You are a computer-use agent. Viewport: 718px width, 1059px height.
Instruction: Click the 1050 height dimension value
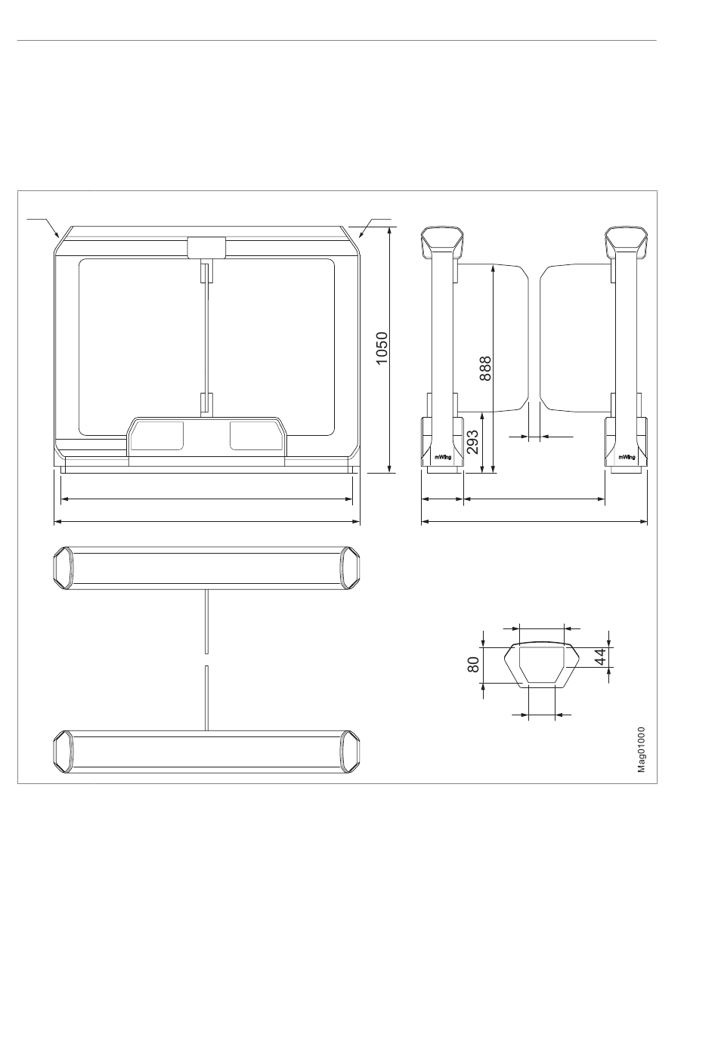pyautogui.click(x=382, y=348)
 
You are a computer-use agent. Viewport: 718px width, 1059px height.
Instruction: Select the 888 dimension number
pyautogui.click(x=486, y=369)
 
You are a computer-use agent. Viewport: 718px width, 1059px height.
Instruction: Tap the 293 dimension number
pyautogui.click(x=472, y=442)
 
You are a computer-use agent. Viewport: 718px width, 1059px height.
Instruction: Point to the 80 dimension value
pyautogui.click(x=473, y=665)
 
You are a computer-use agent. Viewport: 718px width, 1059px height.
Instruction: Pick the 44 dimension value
pyautogui.click(x=600, y=656)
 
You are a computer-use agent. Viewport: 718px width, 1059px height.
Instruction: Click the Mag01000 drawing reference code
pyautogui.click(x=641, y=750)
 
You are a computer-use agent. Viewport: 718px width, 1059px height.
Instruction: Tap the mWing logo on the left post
pyautogui.click(x=443, y=457)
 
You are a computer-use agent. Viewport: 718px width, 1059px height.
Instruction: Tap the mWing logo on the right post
pyautogui.click(x=627, y=457)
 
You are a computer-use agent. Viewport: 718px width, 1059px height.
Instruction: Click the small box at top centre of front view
pyautogui.click(x=206, y=247)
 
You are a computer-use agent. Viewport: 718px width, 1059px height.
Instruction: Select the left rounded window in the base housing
pyautogui.click(x=157, y=435)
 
